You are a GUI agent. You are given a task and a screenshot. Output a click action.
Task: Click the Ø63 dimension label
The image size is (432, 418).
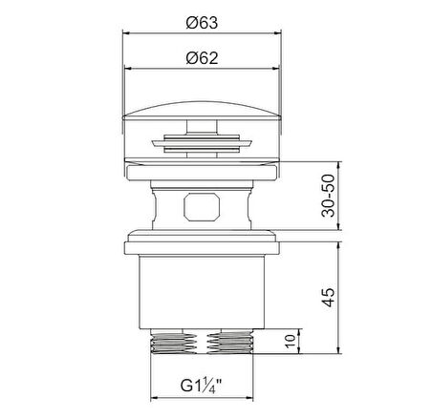[x=202, y=23]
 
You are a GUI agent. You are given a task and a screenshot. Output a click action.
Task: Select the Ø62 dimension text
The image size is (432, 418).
[x=202, y=58]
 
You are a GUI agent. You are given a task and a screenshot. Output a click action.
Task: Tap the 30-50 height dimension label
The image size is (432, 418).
[x=329, y=196]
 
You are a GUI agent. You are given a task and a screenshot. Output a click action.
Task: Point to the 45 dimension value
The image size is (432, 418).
[x=329, y=297]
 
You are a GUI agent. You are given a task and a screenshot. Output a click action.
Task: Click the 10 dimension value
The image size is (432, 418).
[x=290, y=342]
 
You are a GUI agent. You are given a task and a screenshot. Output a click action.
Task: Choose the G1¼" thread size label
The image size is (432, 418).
[x=201, y=386]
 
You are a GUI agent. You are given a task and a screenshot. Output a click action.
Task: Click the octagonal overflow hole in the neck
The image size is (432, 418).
[x=202, y=207]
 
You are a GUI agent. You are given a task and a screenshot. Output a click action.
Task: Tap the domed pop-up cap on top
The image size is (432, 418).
[x=202, y=111]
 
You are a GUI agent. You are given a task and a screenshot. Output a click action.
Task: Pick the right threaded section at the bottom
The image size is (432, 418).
[x=230, y=343]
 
